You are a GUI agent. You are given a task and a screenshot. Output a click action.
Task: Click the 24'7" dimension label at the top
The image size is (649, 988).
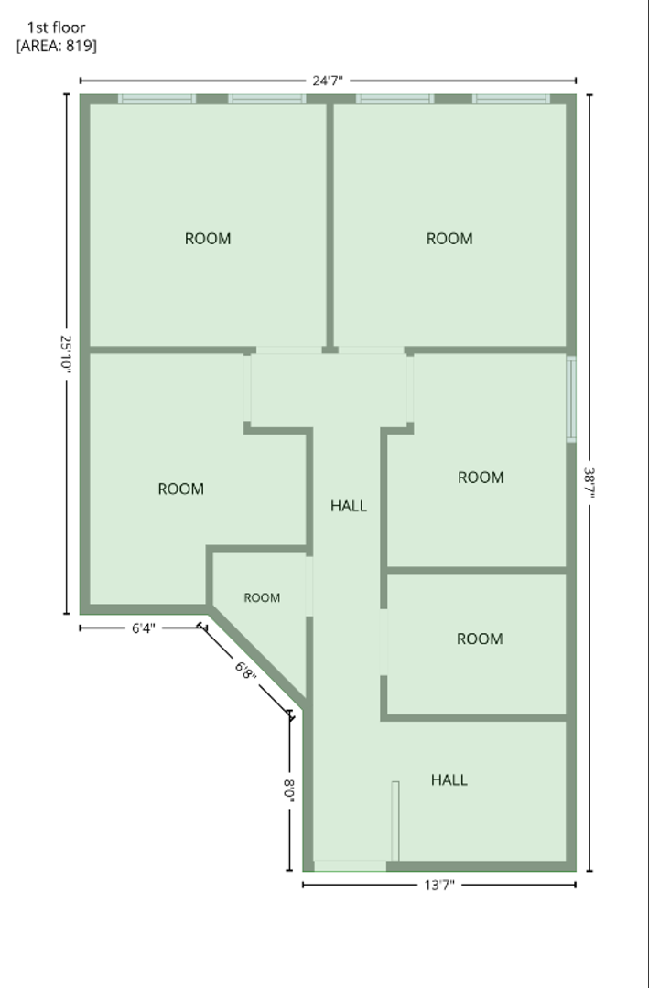tap(328, 81)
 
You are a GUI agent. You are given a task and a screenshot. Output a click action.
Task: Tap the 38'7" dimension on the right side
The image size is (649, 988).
tap(590, 482)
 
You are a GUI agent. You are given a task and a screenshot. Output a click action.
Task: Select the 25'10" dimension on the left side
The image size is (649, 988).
tap(66, 353)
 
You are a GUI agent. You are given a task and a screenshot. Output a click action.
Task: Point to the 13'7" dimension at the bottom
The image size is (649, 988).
tap(439, 885)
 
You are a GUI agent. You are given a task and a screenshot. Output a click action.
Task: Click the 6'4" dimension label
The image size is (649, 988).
tap(143, 628)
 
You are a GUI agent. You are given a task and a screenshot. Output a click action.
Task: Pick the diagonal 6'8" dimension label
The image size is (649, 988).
tap(245, 671)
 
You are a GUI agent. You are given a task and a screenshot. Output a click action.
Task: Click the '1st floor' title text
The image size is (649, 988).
tap(56, 27)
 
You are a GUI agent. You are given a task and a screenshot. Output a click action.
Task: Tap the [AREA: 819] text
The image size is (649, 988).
tap(57, 46)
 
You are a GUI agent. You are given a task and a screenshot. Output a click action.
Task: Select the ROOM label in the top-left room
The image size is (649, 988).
tap(208, 239)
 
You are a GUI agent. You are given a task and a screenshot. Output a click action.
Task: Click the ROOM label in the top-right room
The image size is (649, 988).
tap(449, 239)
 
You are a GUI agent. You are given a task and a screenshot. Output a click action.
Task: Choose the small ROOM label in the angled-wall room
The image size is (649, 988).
tap(262, 598)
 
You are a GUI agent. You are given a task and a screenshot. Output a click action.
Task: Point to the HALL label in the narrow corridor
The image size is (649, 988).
tap(349, 505)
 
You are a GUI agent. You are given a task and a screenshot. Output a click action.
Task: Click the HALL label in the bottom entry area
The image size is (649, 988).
tap(449, 780)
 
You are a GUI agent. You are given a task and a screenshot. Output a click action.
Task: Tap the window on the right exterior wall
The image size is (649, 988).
tap(571, 399)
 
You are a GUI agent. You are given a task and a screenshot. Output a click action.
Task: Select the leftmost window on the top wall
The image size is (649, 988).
tap(157, 99)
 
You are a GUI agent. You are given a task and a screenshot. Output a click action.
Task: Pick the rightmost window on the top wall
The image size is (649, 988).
tap(511, 99)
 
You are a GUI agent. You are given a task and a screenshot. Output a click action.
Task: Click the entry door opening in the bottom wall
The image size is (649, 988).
tap(350, 865)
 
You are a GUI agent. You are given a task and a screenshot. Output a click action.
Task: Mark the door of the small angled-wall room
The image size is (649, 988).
tap(309, 586)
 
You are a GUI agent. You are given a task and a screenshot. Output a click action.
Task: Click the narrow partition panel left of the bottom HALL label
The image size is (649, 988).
tap(395, 821)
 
